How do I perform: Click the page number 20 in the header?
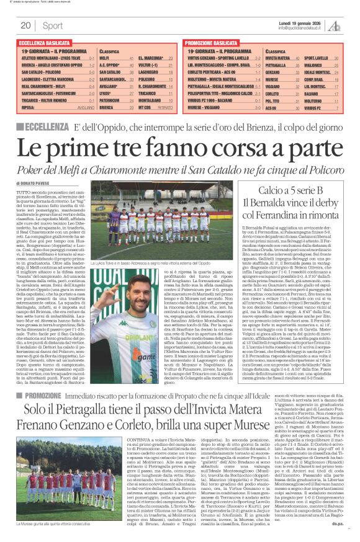[x=26, y=25]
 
